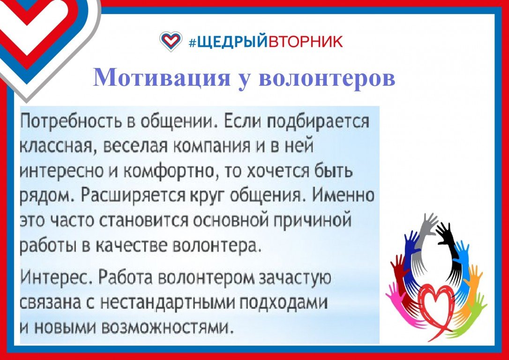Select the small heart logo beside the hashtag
[x=171, y=41]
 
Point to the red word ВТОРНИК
[x=305, y=41]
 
